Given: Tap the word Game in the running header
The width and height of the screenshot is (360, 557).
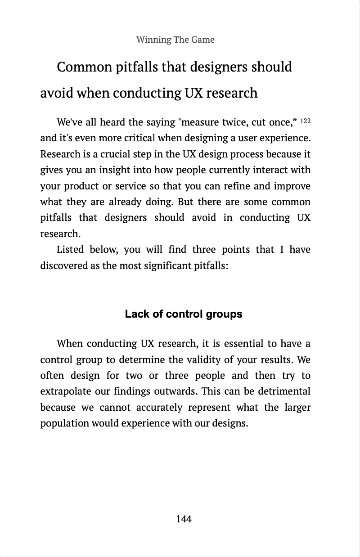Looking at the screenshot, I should [x=202, y=40].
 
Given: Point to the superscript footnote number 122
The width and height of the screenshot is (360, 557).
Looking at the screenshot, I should [x=305, y=121].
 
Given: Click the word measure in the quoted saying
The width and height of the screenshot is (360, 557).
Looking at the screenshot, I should [x=200, y=122].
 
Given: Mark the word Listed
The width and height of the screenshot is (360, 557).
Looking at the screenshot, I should [x=70, y=249].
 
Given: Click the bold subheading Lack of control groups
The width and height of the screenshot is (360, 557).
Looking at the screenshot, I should [x=184, y=314].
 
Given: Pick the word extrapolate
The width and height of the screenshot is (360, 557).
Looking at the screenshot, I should [x=63, y=392].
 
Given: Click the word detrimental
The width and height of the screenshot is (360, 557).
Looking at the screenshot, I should [x=283, y=392].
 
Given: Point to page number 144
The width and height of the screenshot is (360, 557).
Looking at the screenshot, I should [x=184, y=519].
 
